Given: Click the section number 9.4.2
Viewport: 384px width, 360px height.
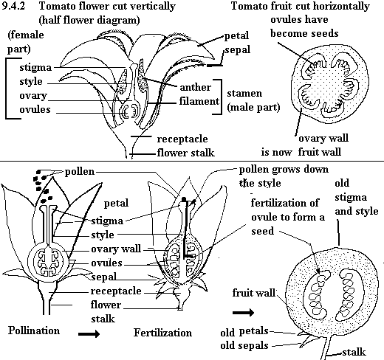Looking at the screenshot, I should pyautogui.click(x=16, y=7).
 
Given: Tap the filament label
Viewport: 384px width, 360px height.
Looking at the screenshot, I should pyautogui.click(x=198, y=100).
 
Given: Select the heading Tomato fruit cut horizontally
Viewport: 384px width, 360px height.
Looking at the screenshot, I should pyautogui.click(x=304, y=7).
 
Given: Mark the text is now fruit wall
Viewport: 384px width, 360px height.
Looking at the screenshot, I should pyautogui.click(x=311, y=152).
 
